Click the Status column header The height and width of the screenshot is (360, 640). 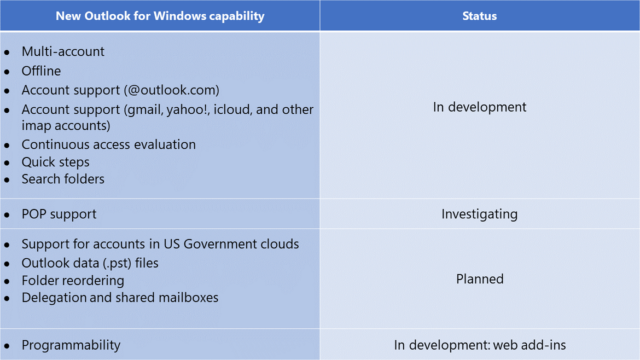[479, 16]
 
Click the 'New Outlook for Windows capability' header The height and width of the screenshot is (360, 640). [160, 16]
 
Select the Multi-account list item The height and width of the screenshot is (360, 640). [63, 51]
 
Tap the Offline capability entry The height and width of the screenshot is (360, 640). [41, 71]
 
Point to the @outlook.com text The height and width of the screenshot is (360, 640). [171, 90]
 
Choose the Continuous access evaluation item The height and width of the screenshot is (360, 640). [108, 144]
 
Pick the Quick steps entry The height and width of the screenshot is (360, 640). [55, 162]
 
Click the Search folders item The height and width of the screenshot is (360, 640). [63, 179]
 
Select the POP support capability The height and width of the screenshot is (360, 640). [59, 214]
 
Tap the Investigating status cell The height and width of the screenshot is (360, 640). [480, 214]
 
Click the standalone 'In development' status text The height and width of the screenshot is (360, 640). [480, 107]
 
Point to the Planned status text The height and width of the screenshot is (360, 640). [480, 279]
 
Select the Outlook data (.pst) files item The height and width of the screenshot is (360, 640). [90, 263]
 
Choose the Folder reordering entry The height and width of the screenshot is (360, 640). [73, 281]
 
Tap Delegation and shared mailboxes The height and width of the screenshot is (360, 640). [120, 298]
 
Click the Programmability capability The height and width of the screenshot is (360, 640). [71, 345]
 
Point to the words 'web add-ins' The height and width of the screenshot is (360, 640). [530, 345]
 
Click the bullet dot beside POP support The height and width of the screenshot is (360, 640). [7, 215]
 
